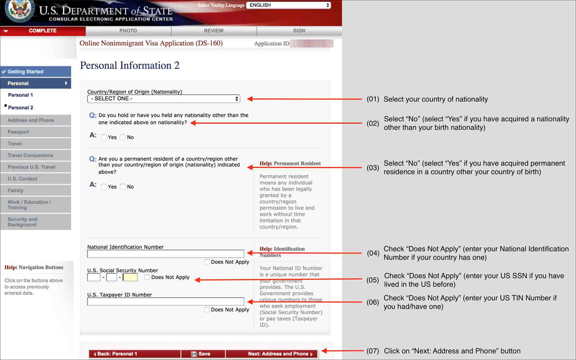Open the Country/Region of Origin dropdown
pos(164,99)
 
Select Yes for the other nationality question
pos(104,137)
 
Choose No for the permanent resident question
pos(123,187)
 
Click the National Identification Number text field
pos(166,254)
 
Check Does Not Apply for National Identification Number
pos(207,262)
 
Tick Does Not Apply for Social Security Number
pos(147,277)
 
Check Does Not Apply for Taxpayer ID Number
pos(207,310)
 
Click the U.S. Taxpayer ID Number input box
pos(166,302)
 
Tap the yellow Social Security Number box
pos(130,277)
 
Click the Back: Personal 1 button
pos(135,354)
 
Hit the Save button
pos(203,354)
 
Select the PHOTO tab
pos(128,31)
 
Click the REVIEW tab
pos(214,31)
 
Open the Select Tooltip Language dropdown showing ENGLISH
pos(289,5)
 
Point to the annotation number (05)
pos(373,280)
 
